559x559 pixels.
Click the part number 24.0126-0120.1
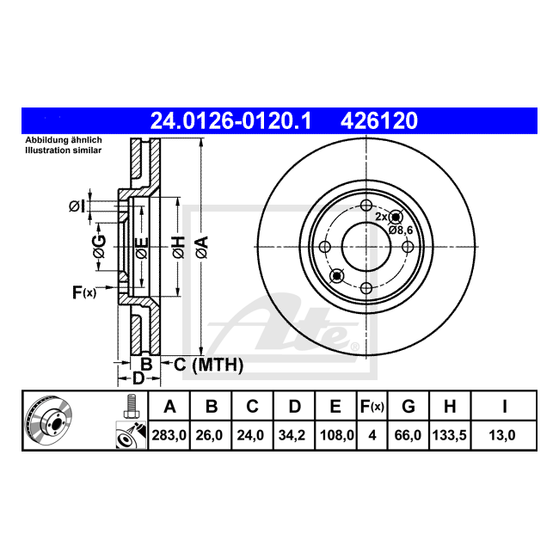231,121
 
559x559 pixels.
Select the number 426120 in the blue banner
379,121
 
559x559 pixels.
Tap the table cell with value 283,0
169,435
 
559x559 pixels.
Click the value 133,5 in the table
449,435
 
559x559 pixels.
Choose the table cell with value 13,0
502,435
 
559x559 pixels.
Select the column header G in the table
408,407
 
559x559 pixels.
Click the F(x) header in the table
372,407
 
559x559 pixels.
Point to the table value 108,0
336,435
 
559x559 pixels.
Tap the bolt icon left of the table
132,406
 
